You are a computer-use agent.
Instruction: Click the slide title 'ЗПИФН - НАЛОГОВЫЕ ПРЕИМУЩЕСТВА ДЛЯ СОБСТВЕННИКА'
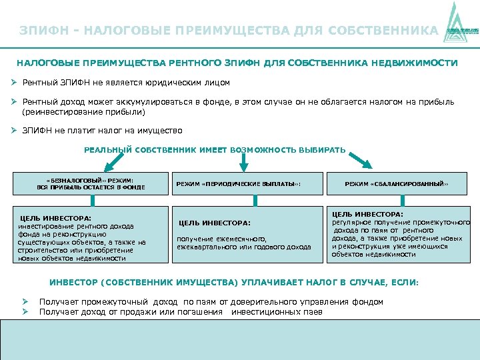coord(229,31)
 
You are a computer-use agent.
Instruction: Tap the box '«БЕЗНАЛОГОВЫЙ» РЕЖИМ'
coord(91,183)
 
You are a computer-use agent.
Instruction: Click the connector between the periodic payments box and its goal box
coord(253,200)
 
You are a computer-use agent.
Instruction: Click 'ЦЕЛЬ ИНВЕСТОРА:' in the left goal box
coord(56,218)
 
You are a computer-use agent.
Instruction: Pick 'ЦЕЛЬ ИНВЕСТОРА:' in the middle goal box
coord(214,223)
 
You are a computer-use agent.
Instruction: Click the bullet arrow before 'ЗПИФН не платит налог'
coord(13,131)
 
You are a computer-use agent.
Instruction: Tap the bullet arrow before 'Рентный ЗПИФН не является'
coord(13,83)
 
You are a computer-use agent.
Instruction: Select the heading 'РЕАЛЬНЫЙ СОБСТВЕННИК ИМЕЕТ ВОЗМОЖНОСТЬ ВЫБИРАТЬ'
coord(215,149)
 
